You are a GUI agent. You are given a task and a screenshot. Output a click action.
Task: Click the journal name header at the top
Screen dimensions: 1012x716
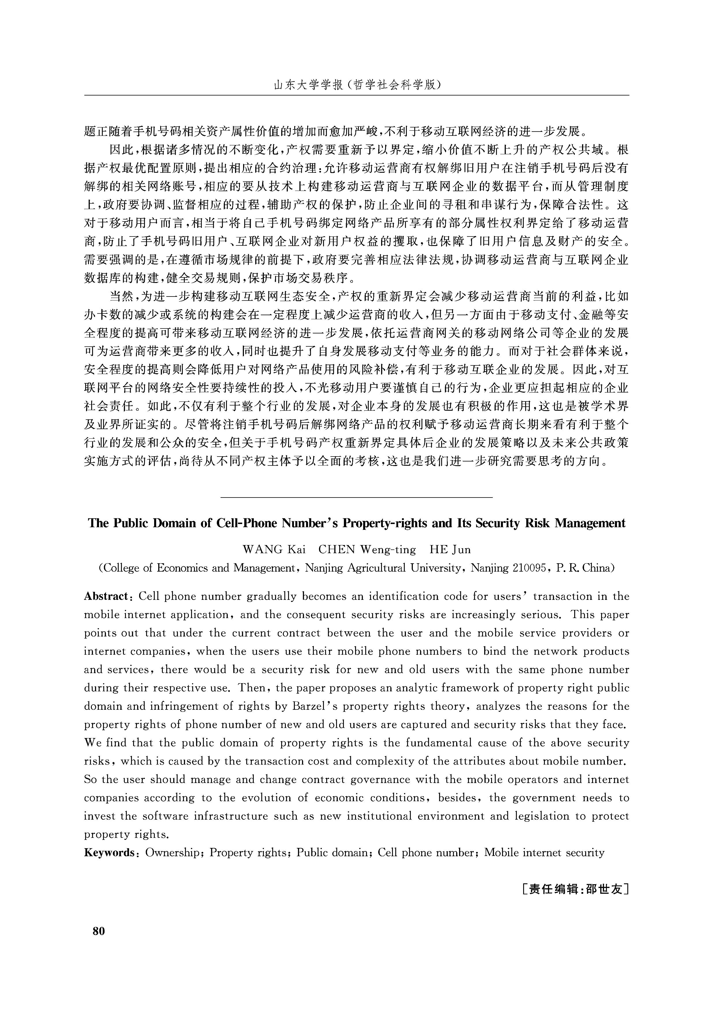(x=357, y=85)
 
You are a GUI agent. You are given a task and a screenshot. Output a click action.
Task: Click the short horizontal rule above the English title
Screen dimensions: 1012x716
(x=356, y=497)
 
